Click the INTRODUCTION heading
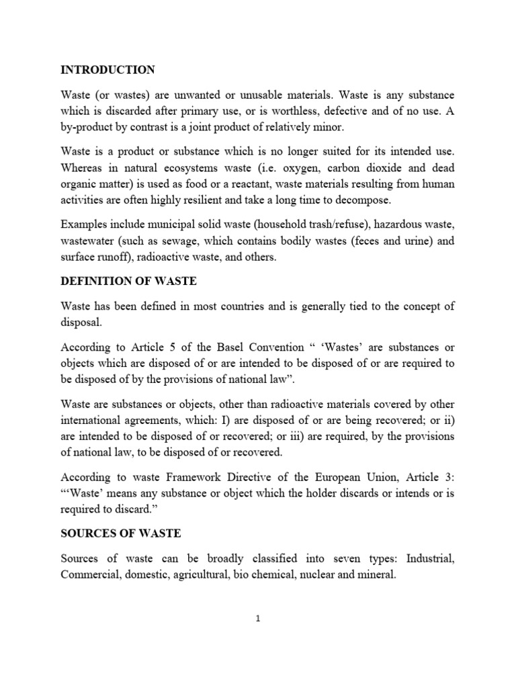click(107, 70)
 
